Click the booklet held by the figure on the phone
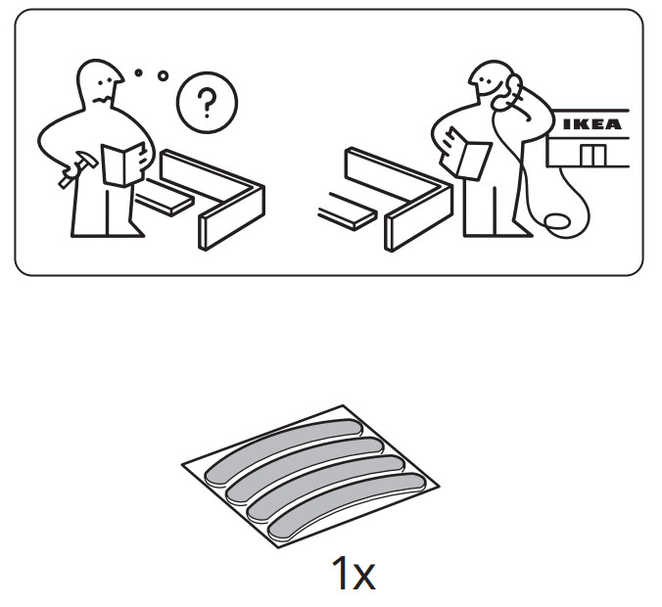click(470, 156)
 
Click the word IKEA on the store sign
click(591, 124)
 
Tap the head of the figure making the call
click(487, 83)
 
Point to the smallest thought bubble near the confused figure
click(139, 71)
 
